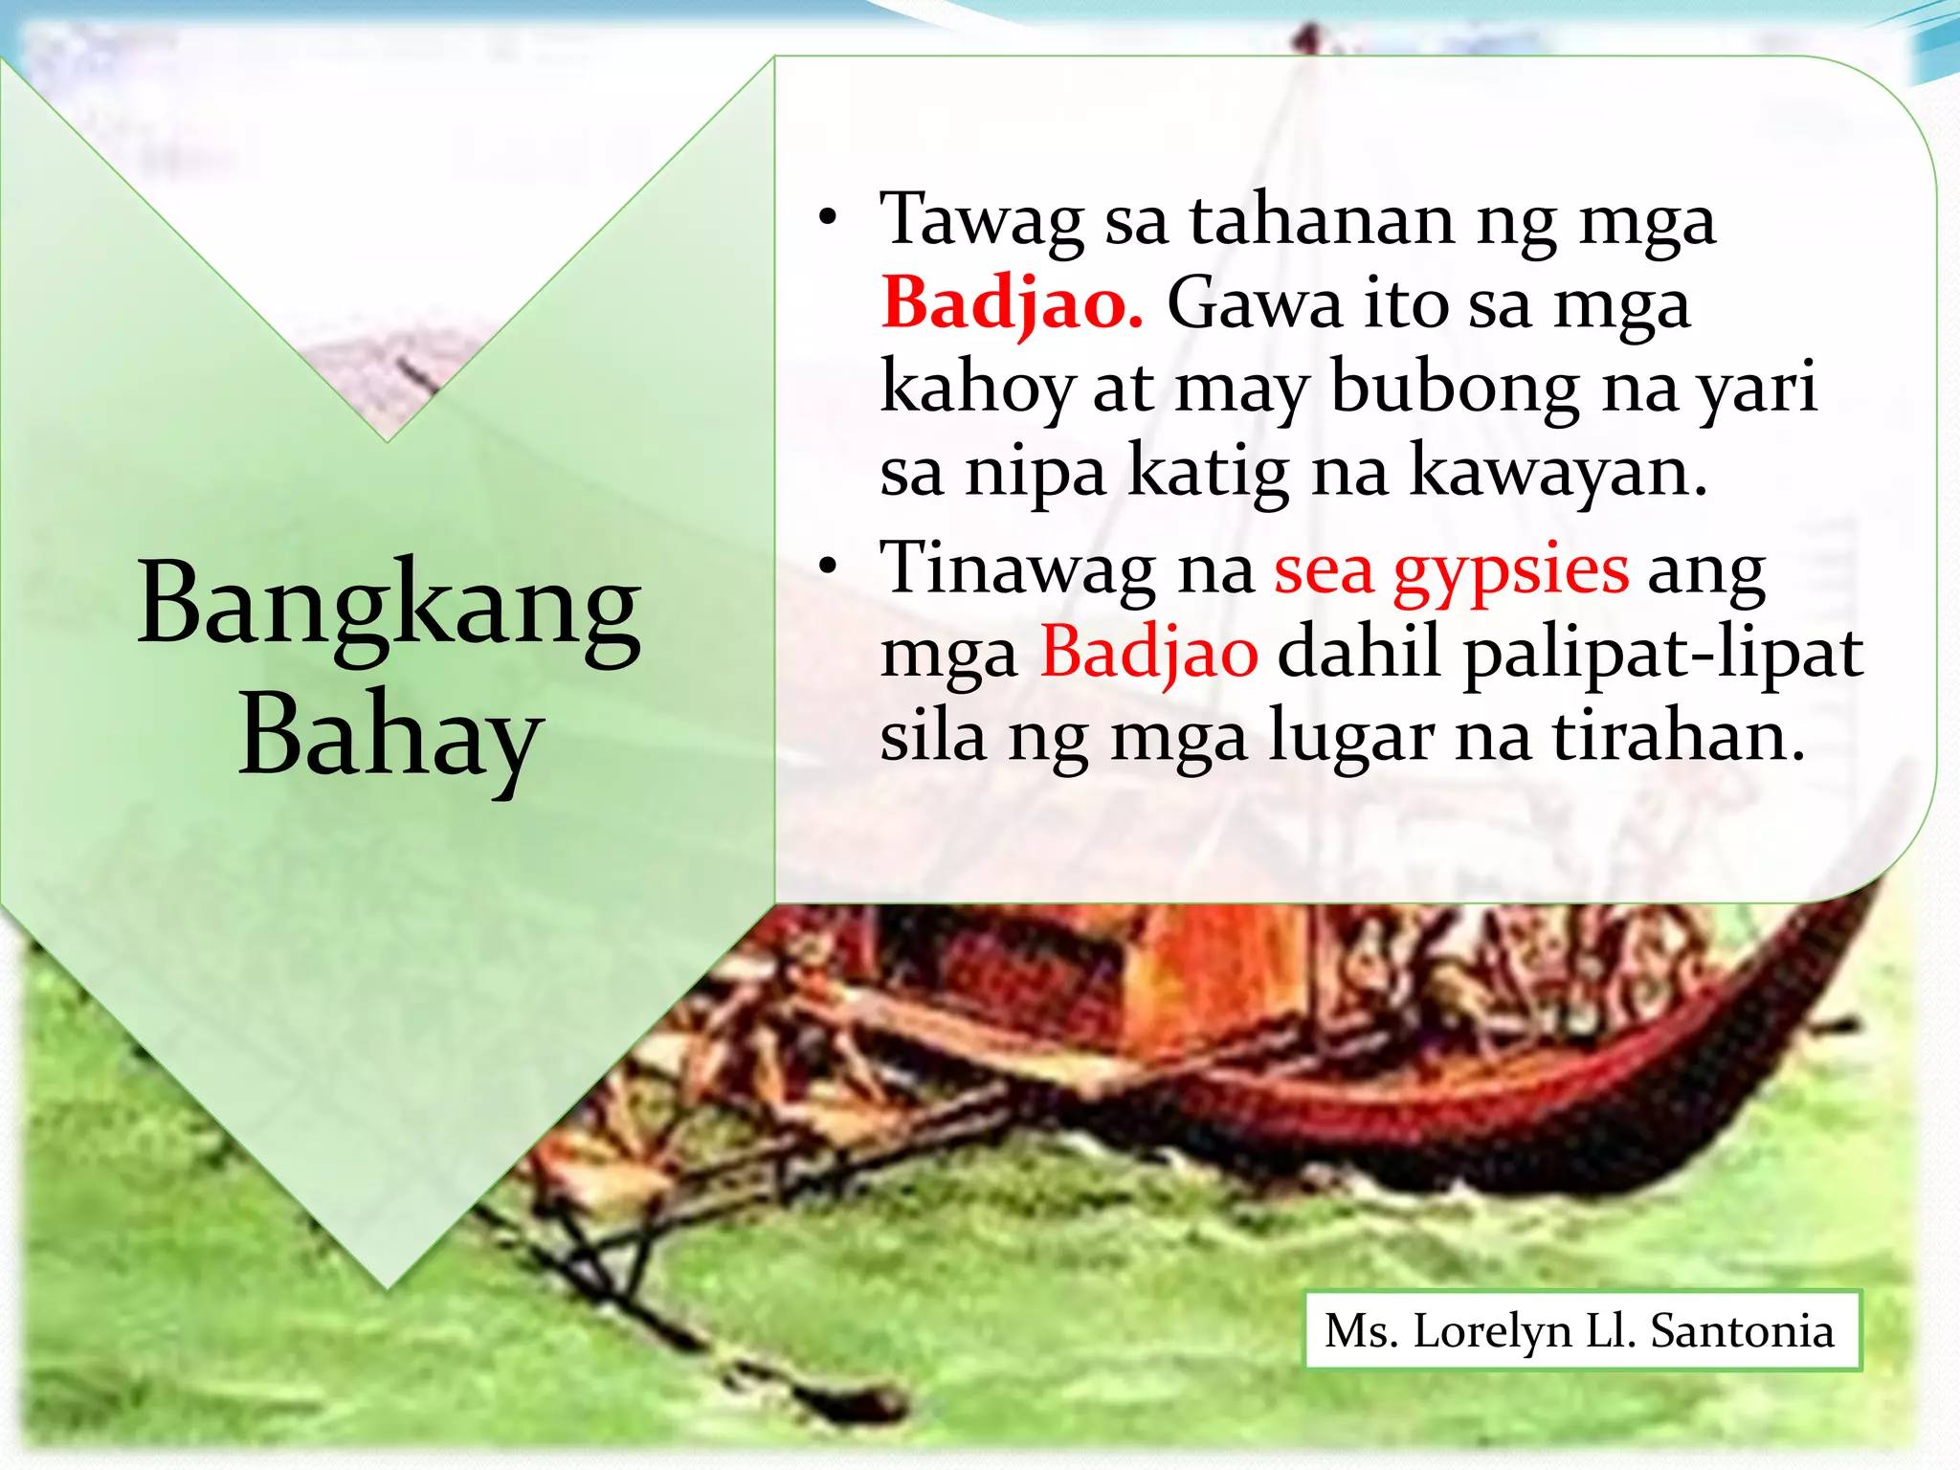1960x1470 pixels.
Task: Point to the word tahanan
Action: click(x=1322, y=220)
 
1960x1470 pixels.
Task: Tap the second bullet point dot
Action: click(x=827, y=567)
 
